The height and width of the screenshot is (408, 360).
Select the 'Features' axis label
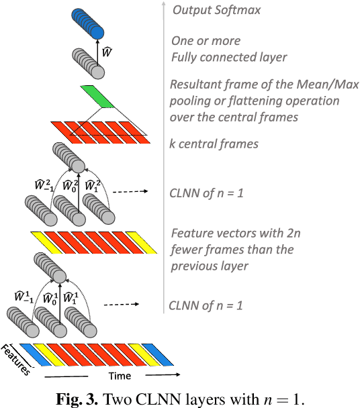(x=15, y=358)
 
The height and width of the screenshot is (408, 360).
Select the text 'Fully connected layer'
(x=229, y=58)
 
